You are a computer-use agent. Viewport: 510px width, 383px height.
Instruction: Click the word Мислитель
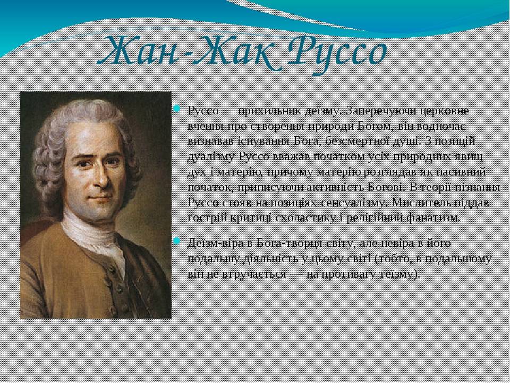421,203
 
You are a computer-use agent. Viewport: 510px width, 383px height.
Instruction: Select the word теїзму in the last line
398,274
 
